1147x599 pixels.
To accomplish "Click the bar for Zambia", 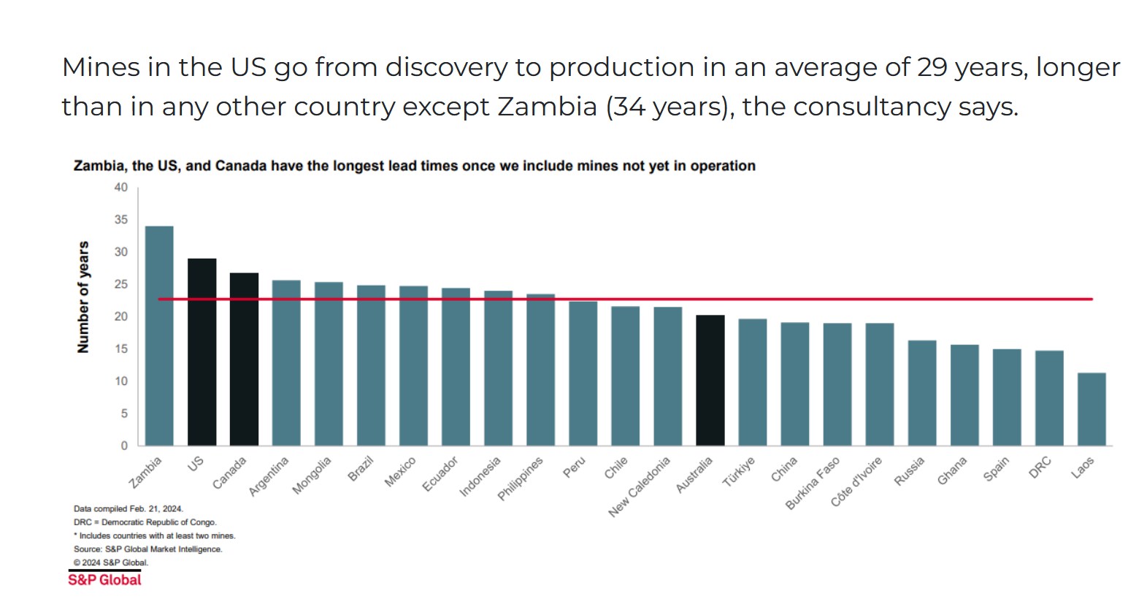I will coord(159,336).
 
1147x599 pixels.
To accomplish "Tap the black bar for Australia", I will coord(710,381).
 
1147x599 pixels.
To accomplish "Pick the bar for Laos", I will coord(1091,409).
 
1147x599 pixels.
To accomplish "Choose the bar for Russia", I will coord(921,393).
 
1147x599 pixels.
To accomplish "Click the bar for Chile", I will coord(625,375).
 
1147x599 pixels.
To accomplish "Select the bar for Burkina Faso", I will coord(837,384).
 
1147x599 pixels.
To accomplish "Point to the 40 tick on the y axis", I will coord(120,188).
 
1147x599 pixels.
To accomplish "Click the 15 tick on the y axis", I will coord(120,349).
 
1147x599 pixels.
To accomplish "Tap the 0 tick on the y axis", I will coord(123,446).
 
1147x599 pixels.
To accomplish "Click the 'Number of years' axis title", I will coord(83,297).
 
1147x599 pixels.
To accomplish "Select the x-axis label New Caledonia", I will coord(639,487).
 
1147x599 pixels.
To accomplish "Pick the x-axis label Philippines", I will coord(521,478).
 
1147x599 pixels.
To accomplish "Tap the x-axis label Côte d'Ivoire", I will coord(856,481).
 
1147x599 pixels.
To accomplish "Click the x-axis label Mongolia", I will coord(312,475).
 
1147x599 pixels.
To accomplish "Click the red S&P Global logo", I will coord(104,580).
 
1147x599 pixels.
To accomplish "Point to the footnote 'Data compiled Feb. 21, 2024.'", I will coord(128,508).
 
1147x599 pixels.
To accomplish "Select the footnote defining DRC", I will coord(145,522).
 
